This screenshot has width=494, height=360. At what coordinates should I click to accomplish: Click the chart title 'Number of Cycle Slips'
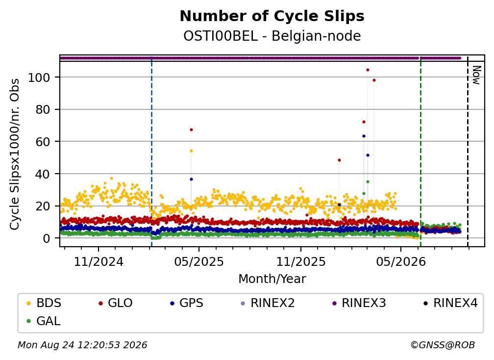coord(272,16)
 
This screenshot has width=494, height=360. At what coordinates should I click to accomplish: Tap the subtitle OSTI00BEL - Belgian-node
coord(272,36)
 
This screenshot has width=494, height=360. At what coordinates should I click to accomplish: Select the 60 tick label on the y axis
coord(43,142)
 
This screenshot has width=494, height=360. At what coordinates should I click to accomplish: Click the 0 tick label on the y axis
coord(47,238)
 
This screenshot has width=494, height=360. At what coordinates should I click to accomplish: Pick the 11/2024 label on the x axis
coord(99,261)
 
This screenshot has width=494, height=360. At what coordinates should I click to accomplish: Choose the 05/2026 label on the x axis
coord(401,261)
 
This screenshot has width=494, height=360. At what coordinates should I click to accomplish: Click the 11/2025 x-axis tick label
coord(301,261)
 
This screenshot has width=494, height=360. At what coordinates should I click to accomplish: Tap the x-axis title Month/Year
coord(272,279)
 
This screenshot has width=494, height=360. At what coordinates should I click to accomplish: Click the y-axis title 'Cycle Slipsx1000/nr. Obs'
coord(15,154)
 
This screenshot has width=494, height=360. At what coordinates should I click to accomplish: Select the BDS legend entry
coord(44,303)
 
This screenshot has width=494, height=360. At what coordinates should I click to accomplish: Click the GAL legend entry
coord(44,321)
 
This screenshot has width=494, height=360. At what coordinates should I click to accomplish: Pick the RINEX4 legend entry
coord(450,303)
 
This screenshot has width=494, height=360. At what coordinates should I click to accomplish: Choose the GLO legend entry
coord(116,303)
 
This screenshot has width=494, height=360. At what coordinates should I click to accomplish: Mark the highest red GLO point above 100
coord(368,70)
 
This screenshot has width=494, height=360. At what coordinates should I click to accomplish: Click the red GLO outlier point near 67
coord(191,129)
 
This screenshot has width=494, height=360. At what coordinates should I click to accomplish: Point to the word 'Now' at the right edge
coord(476,75)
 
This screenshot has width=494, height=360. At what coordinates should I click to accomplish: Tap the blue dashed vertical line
coord(151,152)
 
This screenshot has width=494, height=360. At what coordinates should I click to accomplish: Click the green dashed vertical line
coord(420,152)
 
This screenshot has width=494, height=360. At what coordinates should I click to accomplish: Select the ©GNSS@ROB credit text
coord(443,345)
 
